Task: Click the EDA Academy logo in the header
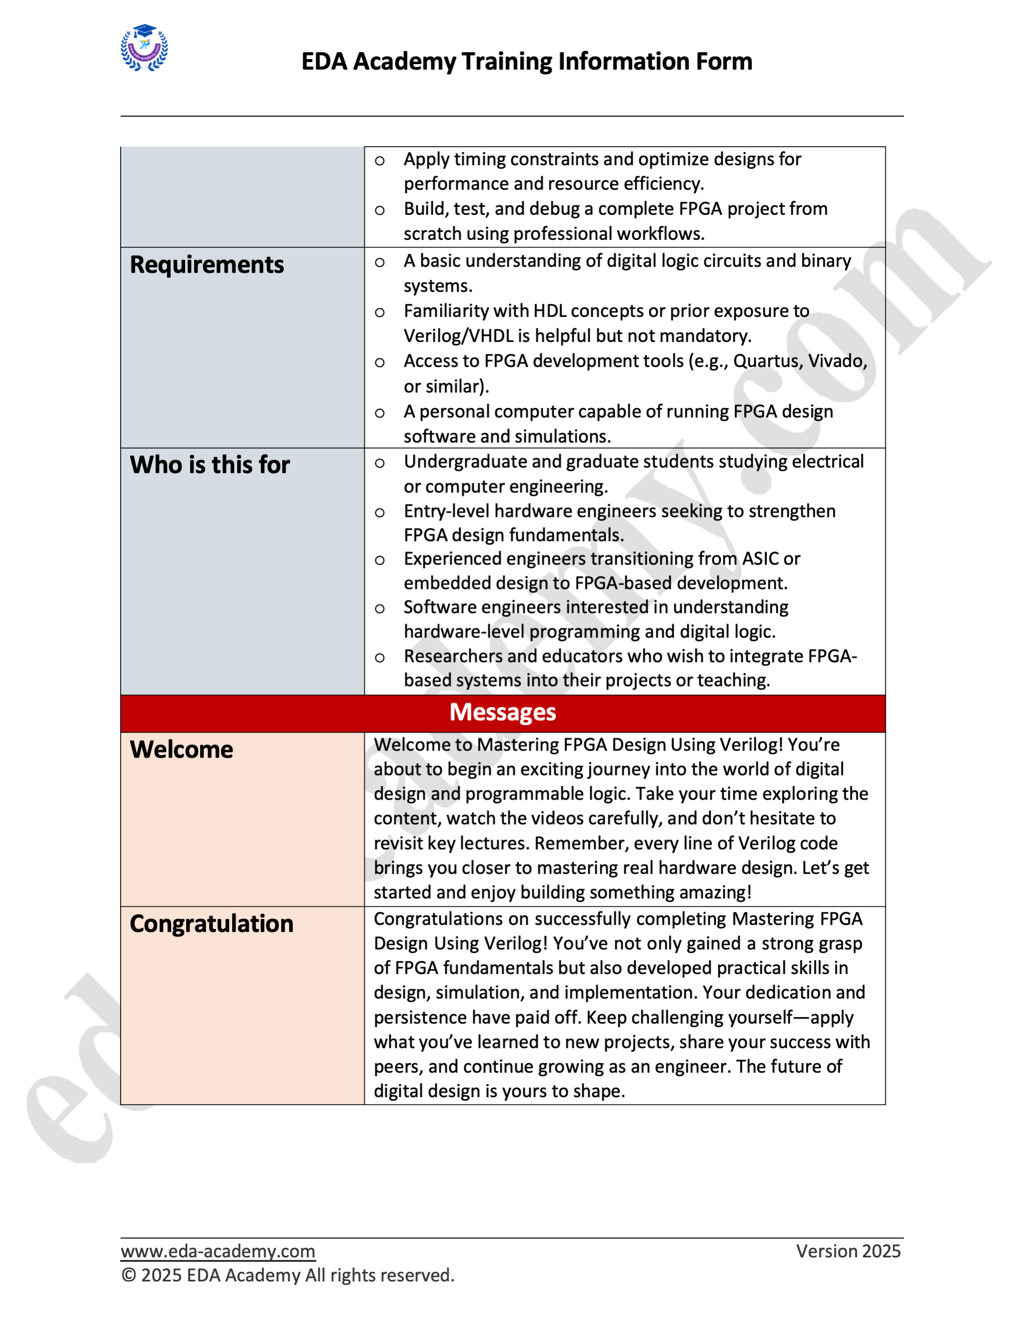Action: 144,48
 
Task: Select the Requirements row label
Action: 207,265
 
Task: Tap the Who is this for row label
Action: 210,465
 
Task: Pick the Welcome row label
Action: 181,750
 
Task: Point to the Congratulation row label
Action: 211,923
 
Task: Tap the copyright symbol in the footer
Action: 128,1275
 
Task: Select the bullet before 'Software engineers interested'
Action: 379,609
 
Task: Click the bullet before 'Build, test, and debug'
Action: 379,211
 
